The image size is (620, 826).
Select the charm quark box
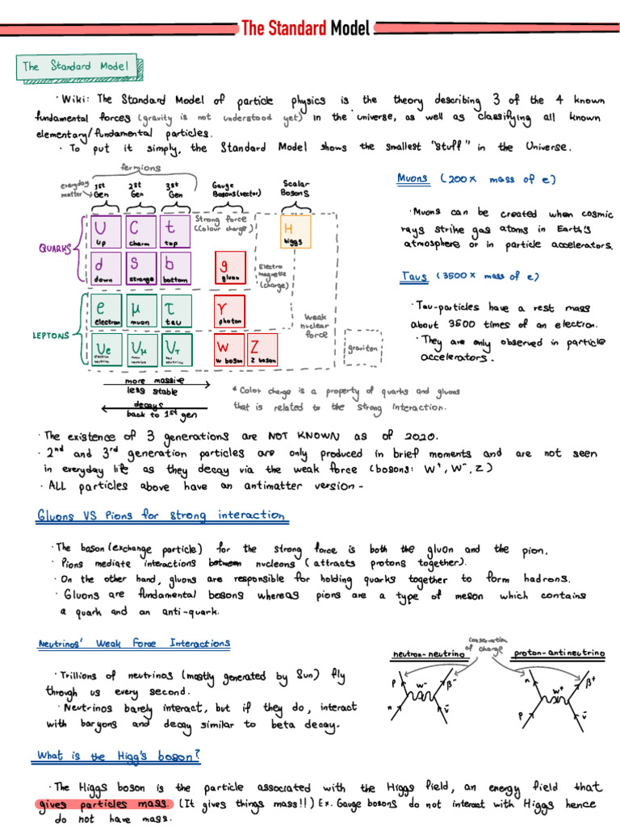click(140, 232)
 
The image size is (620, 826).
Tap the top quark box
click(175, 232)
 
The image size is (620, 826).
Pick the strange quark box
click(140, 269)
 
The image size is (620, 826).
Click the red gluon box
click(229, 269)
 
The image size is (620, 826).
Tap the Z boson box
click(263, 348)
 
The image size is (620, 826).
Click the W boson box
click(229, 348)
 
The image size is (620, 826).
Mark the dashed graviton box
click(362, 348)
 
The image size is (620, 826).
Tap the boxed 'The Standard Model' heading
click(79, 67)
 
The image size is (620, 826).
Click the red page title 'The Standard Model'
click(306, 29)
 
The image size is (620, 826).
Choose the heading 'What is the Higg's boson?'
click(118, 756)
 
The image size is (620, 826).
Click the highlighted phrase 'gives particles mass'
click(104, 803)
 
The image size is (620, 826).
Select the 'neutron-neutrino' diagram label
click(429, 654)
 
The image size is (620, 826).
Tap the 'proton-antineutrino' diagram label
click(558, 654)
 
